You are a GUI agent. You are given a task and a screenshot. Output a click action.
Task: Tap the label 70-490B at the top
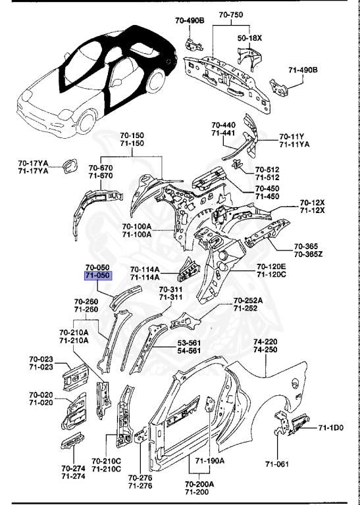(x=190, y=21)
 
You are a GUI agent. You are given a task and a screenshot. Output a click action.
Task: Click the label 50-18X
(x=249, y=39)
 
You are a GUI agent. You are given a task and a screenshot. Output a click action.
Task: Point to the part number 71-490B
(x=303, y=69)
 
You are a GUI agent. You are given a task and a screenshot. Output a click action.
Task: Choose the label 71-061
(x=277, y=464)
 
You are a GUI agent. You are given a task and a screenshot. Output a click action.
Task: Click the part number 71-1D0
(x=331, y=428)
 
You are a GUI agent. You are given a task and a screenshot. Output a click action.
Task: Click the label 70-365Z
(x=307, y=254)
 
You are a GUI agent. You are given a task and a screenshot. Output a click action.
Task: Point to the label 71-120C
(x=270, y=274)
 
